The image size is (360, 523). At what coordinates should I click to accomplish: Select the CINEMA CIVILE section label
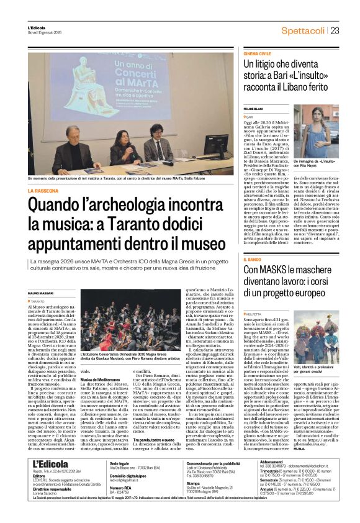tap(256, 55)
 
